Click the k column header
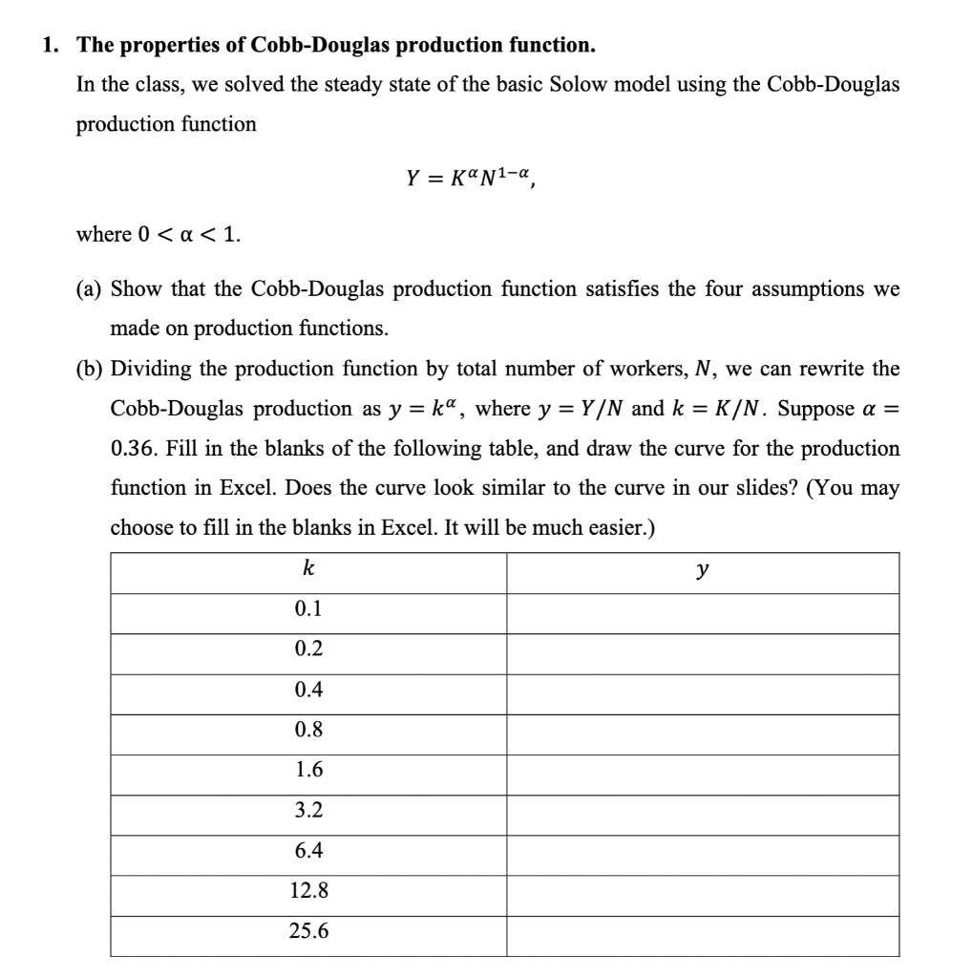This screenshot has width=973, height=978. pyautogui.click(x=308, y=570)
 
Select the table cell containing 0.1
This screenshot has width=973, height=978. pyautogui.click(x=308, y=608)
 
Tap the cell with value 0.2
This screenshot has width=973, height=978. pyautogui.click(x=308, y=648)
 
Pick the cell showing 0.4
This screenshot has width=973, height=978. pyautogui.click(x=308, y=689)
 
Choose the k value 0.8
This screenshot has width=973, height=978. pyautogui.click(x=308, y=730)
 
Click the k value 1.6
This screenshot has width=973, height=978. pyautogui.click(x=308, y=770)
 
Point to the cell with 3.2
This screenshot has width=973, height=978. pyautogui.click(x=308, y=810)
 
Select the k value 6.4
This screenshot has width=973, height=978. pyautogui.click(x=308, y=850)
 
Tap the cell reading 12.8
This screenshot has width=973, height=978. pyautogui.click(x=308, y=891)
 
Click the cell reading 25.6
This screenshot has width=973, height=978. pyautogui.click(x=308, y=931)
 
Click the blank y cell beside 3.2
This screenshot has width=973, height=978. pyautogui.click(x=703, y=810)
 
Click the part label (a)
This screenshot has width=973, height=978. pyautogui.click(x=93, y=288)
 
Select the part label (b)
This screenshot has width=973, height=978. pyautogui.click(x=93, y=369)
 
